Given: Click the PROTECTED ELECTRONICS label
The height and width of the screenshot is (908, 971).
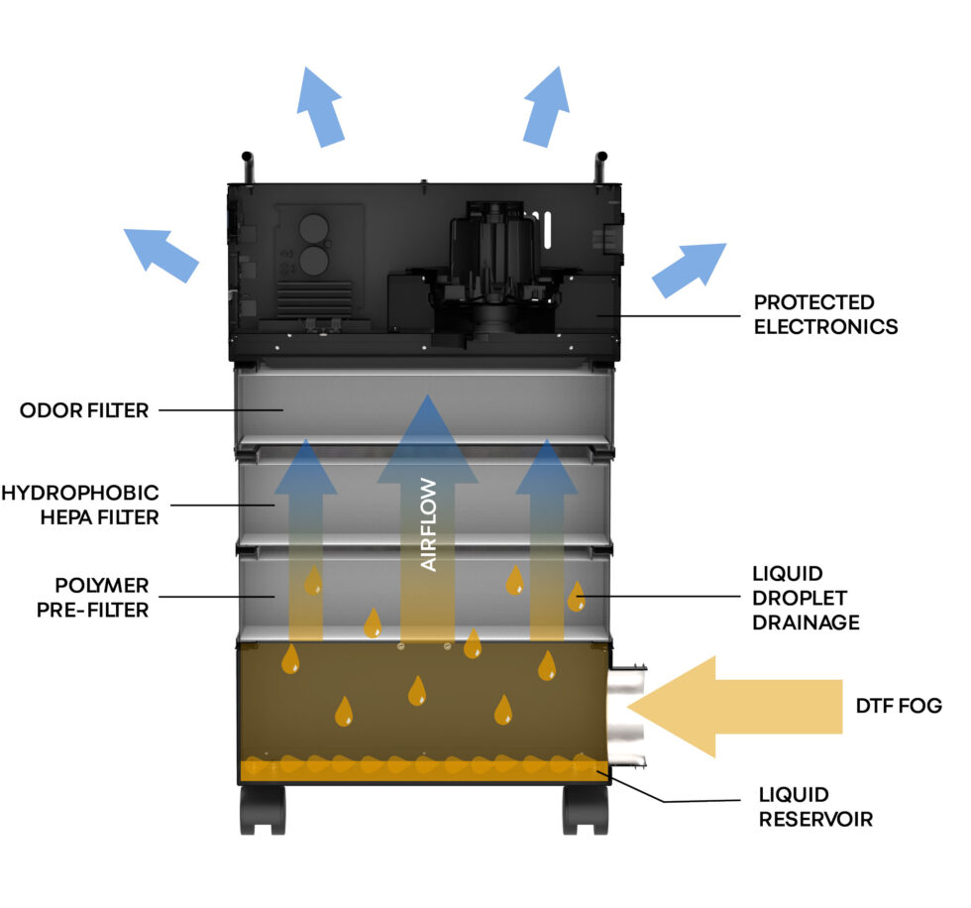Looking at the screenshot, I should [825, 314].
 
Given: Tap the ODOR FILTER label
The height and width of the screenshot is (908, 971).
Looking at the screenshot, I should [84, 410].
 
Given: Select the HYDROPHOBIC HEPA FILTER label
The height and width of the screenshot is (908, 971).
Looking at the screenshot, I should [80, 505].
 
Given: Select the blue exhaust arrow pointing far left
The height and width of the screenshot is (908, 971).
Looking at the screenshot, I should [160, 252].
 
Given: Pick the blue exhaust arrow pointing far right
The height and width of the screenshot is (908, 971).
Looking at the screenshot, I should [690, 269].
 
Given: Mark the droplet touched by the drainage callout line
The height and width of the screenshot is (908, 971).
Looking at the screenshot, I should [575, 597].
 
